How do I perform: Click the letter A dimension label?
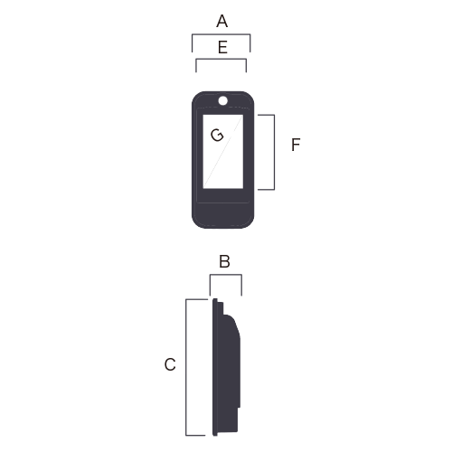[222, 21]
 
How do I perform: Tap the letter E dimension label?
[222, 47]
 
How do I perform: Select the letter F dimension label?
[296, 145]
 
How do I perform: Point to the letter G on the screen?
[217, 135]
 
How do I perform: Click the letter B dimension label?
[224, 261]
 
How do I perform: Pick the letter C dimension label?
[170, 364]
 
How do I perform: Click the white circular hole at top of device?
[223, 100]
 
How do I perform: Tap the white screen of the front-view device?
[223, 152]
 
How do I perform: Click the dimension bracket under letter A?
[221, 34]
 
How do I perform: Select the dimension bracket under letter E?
[221, 59]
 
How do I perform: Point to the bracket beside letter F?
[274, 152]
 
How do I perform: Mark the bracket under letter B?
[226, 275]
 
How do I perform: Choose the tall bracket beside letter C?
[186, 367]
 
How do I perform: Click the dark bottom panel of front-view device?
[223, 215]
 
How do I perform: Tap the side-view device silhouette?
[226, 367]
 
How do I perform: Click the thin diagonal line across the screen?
[223, 152]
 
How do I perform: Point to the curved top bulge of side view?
[232, 325]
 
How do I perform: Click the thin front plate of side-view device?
[215, 367]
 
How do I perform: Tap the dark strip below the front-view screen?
[223, 195]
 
